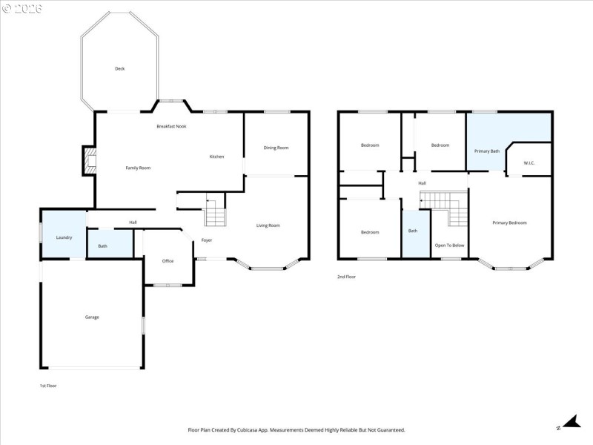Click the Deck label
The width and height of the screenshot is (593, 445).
click(119, 69)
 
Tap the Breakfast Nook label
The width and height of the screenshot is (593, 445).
click(171, 127)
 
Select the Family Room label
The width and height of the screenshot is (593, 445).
click(138, 168)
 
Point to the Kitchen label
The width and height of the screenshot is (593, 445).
click(216, 156)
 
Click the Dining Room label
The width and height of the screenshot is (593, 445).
click(276, 148)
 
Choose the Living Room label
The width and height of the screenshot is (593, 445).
click(268, 225)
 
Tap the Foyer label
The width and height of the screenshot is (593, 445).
click(207, 240)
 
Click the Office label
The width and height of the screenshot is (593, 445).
click(168, 261)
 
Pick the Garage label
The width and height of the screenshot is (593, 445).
click(92, 317)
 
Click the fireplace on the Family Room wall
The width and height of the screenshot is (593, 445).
click(90, 161)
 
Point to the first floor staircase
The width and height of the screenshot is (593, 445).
click(214, 212)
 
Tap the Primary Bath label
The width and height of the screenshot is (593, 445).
click(487, 151)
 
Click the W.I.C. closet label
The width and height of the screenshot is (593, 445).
click(529, 163)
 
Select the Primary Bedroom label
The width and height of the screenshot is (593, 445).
click(509, 222)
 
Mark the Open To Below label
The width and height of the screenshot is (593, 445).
click(449, 245)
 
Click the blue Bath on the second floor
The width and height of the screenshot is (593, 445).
click(413, 231)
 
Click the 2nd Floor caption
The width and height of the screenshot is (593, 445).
click(346, 277)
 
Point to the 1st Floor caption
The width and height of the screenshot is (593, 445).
click(48, 386)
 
